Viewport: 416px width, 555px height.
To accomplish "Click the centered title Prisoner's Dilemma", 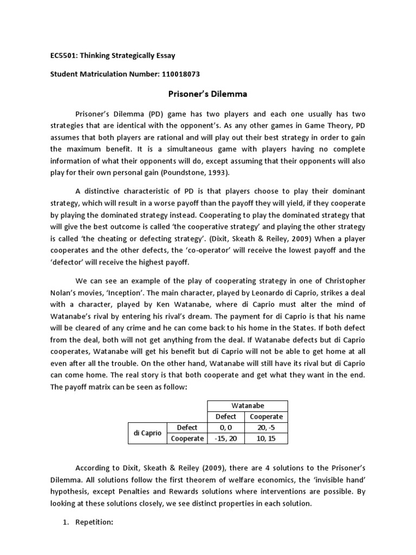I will pyautogui.click(x=208, y=94).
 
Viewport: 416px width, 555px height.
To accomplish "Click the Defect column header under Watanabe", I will pyautogui.click(x=226, y=417).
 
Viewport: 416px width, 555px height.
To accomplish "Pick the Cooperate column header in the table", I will pyautogui.click(x=266, y=417).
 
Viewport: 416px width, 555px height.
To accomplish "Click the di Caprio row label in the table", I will pyautogui.click(x=147, y=433).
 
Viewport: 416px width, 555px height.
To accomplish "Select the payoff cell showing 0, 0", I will pyautogui.click(x=226, y=428).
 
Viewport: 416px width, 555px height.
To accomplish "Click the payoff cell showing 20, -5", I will pyautogui.click(x=266, y=428).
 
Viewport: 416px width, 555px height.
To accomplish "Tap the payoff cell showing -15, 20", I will pyautogui.click(x=226, y=438).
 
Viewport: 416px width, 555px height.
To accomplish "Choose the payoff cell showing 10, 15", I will pyautogui.click(x=266, y=438).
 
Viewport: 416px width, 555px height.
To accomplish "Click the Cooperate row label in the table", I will pyautogui.click(x=187, y=438).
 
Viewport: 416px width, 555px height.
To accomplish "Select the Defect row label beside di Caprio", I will pyautogui.click(x=187, y=428).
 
